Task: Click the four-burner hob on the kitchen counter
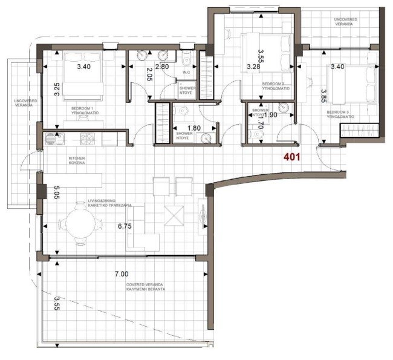[89, 139]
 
